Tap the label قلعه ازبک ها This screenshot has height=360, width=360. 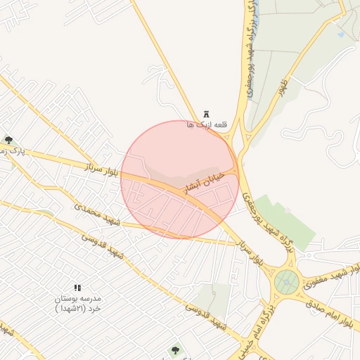pyautogui.click(x=199, y=124)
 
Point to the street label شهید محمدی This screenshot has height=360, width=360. pyautogui.click(x=98, y=216)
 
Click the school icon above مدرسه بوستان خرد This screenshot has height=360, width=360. pyautogui.click(x=77, y=288)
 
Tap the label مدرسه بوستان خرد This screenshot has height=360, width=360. pyautogui.click(x=78, y=303)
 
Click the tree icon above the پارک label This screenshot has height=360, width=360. pyautogui.click(x=8, y=141)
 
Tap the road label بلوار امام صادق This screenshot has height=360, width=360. pyautogui.click(x=330, y=314)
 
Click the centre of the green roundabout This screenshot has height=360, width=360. pyautogui.click(x=287, y=283)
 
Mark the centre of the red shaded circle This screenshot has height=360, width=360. pyautogui.click(x=180, y=179)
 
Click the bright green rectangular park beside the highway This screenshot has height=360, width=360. pyautogui.click(x=285, y=221)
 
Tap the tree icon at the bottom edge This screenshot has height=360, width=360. pyautogui.click(x=174, y=349)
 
